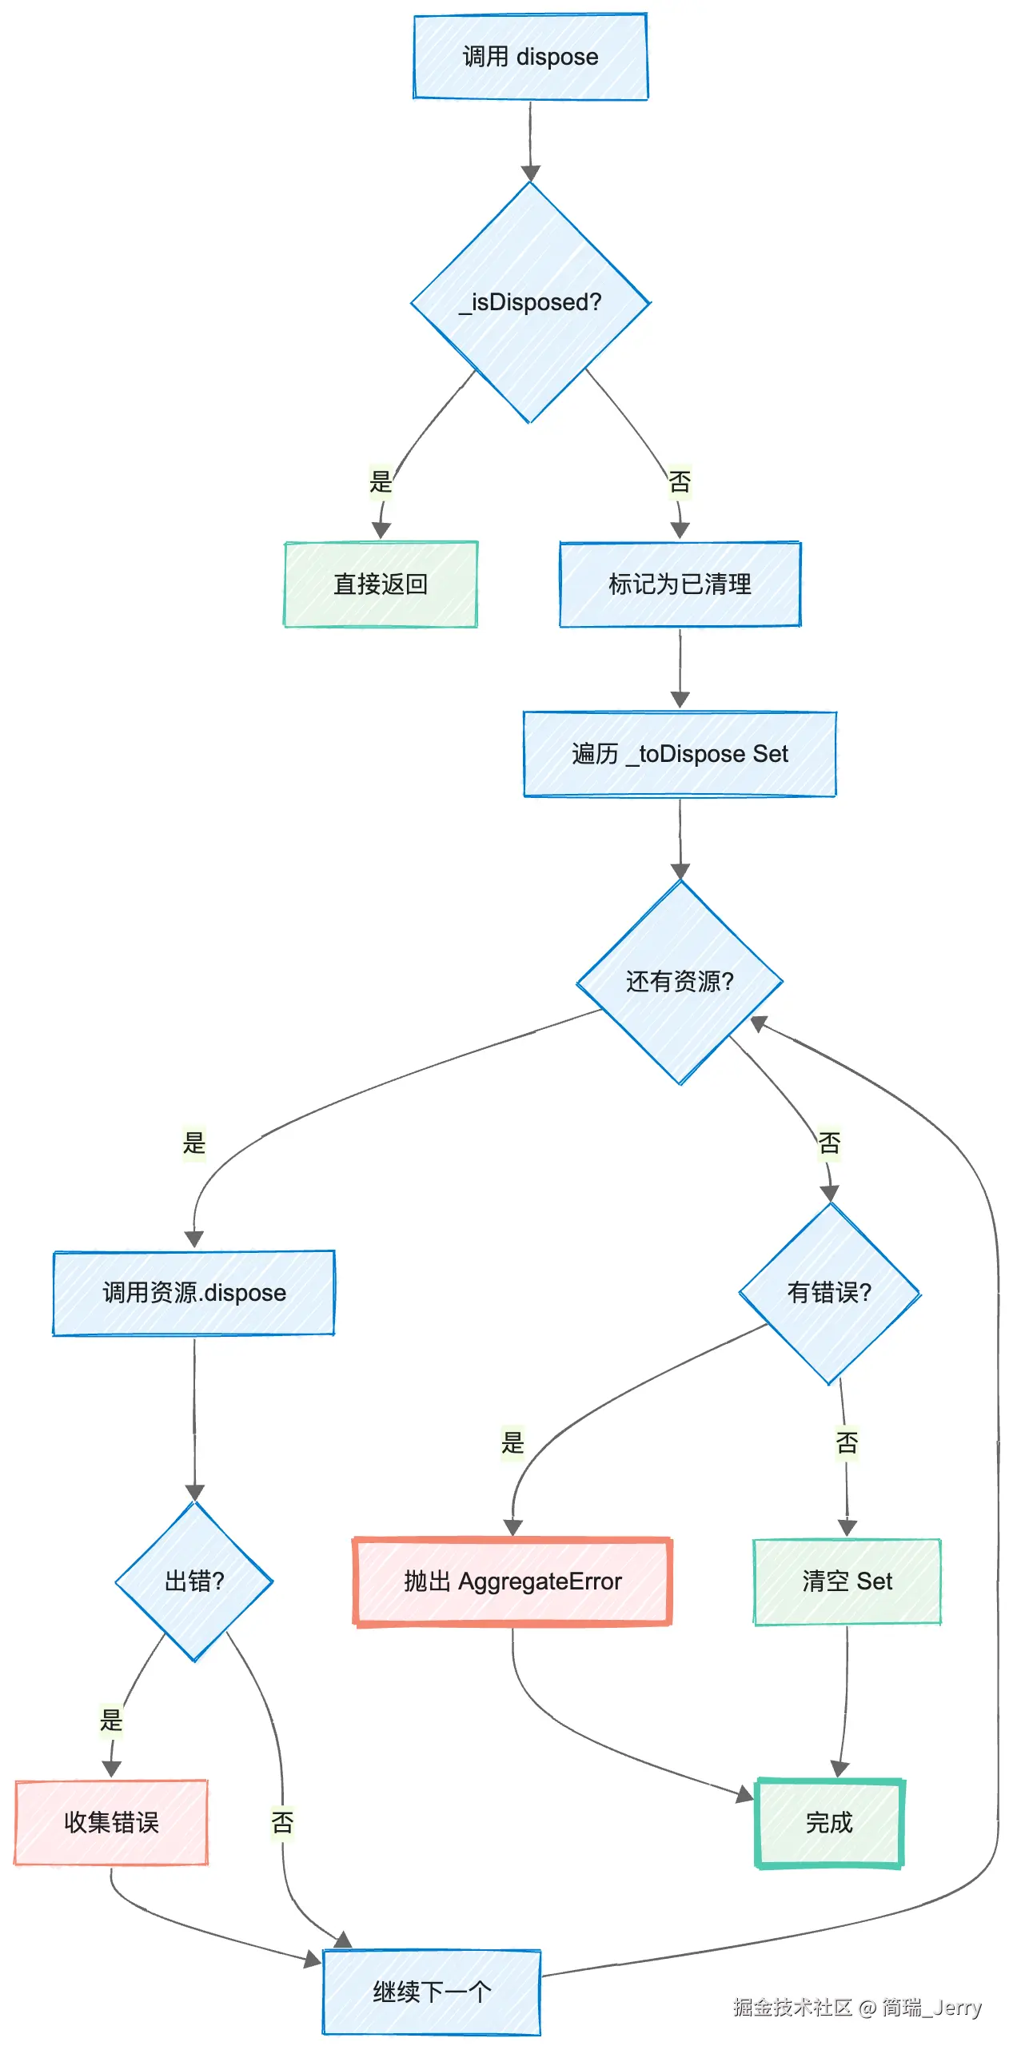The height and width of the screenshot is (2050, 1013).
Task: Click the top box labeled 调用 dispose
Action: [x=530, y=57]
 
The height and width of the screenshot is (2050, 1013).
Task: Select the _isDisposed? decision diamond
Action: [x=530, y=302]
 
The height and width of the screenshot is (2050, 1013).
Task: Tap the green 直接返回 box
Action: [x=381, y=584]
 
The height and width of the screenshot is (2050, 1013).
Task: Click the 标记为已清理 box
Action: [x=680, y=584]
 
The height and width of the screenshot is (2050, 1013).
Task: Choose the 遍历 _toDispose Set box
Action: [x=680, y=754]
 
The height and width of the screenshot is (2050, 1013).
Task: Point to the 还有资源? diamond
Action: [x=680, y=982]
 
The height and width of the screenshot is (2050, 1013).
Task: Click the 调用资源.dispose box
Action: [x=194, y=1293]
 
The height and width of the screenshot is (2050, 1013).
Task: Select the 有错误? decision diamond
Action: [x=830, y=1293]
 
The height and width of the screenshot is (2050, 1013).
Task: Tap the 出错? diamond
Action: [x=194, y=1581]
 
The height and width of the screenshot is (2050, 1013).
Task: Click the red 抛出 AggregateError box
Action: [x=512, y=1581]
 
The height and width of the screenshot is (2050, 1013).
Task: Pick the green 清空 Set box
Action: [x=847, y=1581]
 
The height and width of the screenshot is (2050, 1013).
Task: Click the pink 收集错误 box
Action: [x=111, y=1822]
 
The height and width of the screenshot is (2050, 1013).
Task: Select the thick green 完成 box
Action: [x=829, y=1822]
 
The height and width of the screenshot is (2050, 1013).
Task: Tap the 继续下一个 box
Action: [x=432, y=1992]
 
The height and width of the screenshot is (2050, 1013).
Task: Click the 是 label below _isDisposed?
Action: [x=381, y=481]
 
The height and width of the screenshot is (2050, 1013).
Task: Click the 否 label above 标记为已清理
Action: [x=680, y=481]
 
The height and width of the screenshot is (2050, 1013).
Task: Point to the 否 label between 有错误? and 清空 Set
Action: [x=847, y=1442]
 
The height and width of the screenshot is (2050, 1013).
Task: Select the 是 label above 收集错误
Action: [x=111, y=1720]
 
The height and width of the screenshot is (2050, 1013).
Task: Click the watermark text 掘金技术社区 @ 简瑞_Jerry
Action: [x=856, y=2007]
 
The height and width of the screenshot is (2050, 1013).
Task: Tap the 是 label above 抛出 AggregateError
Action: [x=512, y=1442]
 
